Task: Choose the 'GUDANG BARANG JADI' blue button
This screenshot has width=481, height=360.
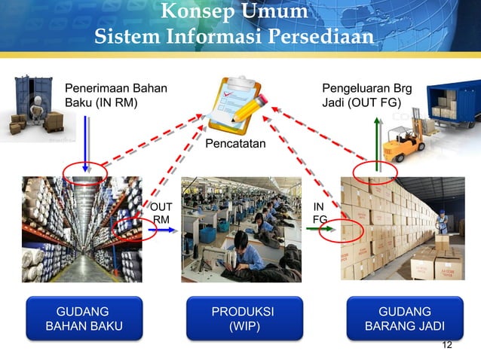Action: click(404, 319)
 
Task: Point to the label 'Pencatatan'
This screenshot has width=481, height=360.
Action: click(235, 142)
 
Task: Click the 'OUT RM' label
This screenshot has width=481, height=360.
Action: click(161, 212)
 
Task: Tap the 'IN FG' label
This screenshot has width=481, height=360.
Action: click(320, 212)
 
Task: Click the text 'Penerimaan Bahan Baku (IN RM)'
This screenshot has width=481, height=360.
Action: click(116, 96)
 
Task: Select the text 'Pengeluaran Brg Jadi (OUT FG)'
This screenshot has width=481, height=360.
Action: click(366, 96)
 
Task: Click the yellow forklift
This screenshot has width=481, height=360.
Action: click(405, 142)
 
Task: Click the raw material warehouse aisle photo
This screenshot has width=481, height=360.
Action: click(81, 228)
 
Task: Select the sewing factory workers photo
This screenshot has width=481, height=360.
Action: click(241, 228)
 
